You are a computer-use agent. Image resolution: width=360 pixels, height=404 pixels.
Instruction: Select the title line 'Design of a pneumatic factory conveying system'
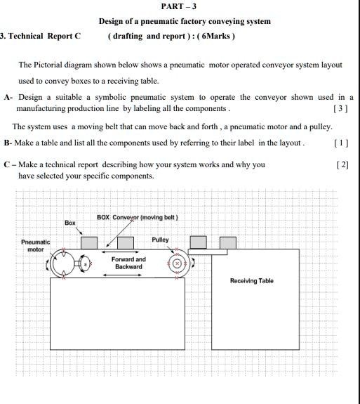(x=185, y=21)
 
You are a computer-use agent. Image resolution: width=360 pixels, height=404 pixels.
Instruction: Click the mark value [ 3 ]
(x=341, y=109)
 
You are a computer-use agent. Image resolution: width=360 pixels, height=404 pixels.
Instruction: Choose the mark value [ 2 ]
(x=342, y=164)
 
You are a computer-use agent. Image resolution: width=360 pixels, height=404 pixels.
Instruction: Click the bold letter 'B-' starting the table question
(x=8, y=143)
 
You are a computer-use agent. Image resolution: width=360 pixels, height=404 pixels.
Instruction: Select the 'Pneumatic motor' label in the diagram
(x=35, y=245)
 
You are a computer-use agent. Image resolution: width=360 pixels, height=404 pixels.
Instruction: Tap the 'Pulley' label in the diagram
(x=160, y=240)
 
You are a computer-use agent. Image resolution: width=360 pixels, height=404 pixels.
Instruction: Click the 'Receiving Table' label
(x=252, y=281)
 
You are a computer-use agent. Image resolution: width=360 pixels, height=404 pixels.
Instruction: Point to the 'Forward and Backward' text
(x=128, y=263)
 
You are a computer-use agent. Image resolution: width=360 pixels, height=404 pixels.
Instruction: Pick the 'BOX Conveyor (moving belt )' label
(x=138, y=217)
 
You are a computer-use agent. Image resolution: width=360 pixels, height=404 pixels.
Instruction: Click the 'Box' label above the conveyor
(x=69, y=223)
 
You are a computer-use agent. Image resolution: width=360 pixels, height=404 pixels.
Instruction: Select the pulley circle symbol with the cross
(x=177, y=263)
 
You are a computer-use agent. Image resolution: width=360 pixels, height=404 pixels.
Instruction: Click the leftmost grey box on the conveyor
(x=88, y=242)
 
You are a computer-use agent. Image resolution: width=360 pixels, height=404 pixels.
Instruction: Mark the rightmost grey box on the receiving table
(x=227, y=242)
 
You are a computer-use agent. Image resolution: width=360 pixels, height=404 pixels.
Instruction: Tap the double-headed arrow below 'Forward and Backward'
(x=122, y=275)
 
